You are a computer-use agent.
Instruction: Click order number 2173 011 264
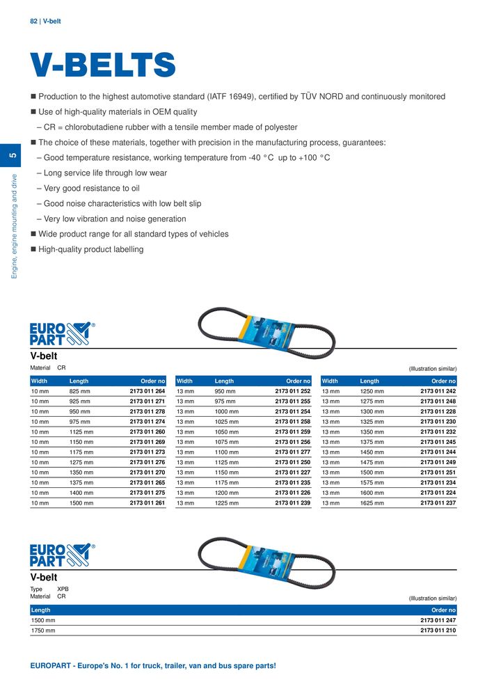pos(147,392)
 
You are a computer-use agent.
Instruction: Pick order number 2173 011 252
pos(292,392)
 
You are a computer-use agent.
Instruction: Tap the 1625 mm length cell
pos(372,502)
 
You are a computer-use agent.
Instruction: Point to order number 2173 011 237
pos(438,502)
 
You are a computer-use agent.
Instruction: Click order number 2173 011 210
pos(438,631)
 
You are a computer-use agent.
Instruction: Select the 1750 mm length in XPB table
pos(43,631)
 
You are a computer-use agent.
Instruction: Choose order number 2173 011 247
pos(438,619)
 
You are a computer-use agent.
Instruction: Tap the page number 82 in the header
pos(33,22)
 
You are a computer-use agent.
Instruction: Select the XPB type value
pos(63,589)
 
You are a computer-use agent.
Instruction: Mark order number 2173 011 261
pos(147,502)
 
